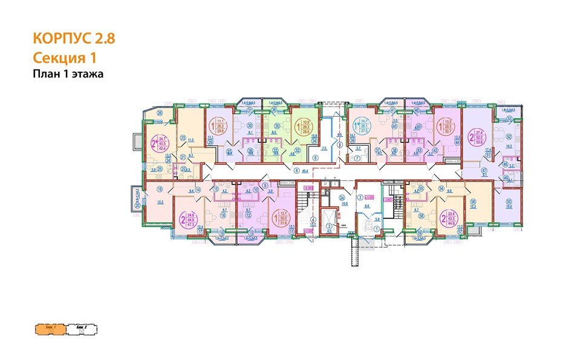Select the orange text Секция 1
pos(65,58)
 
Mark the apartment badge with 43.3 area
pos(450,216)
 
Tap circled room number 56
pos(473,202)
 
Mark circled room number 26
pos(160,113)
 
